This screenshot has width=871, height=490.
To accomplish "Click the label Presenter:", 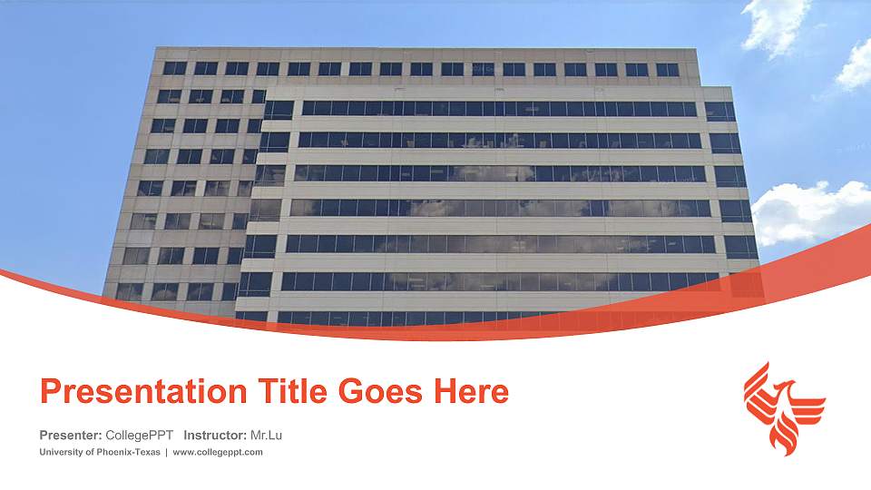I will click(x=71, y=436).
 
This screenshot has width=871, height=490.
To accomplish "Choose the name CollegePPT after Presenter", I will click(x=140, y=436).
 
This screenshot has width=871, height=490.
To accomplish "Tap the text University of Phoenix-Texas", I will click(x=100, y=452).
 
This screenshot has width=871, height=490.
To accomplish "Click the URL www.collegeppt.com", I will click(x=218, y=452).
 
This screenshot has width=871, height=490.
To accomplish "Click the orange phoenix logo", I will click(x=784, y=407).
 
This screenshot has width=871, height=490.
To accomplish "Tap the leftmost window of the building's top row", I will click(x=173, y=68).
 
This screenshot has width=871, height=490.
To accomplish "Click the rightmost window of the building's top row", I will click(x=667, y=69).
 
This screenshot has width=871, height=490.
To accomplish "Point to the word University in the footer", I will click(x=60, y=452).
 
